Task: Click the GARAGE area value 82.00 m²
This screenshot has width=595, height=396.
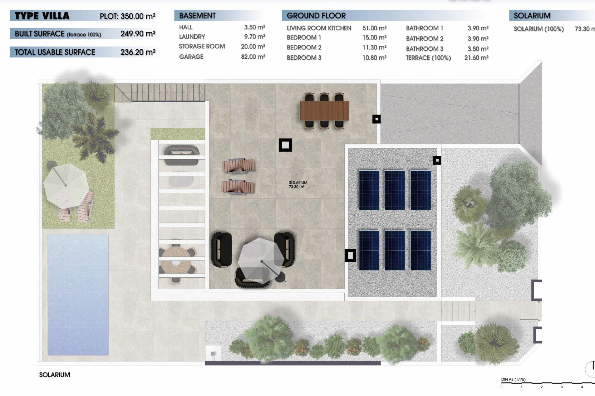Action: (x=253, y=57)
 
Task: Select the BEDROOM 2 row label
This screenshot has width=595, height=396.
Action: (x=304, y=48)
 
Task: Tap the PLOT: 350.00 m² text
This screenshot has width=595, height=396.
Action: (x=127, y=16)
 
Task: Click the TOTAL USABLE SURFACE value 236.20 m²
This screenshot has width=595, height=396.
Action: (x=138, y=52)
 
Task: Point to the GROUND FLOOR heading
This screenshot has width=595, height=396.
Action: (x=316, y=16)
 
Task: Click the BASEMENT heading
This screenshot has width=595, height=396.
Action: (x=197, y=16)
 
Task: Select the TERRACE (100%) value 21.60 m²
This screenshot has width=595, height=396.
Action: (x=476, y=58)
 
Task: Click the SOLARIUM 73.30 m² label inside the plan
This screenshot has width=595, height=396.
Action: (x=297, y=185)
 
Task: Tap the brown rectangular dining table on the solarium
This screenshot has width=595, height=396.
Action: (x=324, y=111)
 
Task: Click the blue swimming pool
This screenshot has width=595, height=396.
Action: (x=78, y=294)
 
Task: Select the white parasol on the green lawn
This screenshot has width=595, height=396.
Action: (x=66, y=185)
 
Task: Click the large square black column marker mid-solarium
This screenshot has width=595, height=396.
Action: (x=285, y=145)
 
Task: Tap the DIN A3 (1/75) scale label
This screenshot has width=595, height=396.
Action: (x=513, y=379)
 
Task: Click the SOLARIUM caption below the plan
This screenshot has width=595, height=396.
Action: (x=55, y=375)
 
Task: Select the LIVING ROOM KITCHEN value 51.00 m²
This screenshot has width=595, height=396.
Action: (x=374, y=28)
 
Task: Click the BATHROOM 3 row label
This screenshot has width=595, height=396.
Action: (x=424, y=49)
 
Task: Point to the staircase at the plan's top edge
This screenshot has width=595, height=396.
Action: (x=159, y=92)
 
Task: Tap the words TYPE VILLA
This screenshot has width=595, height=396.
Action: (x=42, y=16)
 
